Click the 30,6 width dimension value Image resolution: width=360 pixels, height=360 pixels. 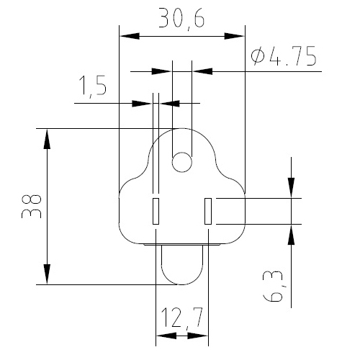(x=181, y=19)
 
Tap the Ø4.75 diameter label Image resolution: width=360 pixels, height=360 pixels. (x=284, y=57)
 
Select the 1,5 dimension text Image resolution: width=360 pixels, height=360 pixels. (x=93, y=87)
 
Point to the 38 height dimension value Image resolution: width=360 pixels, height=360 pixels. (x=32, y=207)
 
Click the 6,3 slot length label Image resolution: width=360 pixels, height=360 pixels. (x=273, y=286)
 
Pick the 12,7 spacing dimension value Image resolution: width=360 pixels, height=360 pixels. (x=182, y=318)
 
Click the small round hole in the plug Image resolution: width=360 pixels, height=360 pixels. (x=182, y=162)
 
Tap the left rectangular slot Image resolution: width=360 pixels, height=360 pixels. (x=156, y=211)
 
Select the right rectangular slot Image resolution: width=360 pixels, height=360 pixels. (x=208, y=211)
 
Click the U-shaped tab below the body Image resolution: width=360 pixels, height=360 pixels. (x=182, y=284)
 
